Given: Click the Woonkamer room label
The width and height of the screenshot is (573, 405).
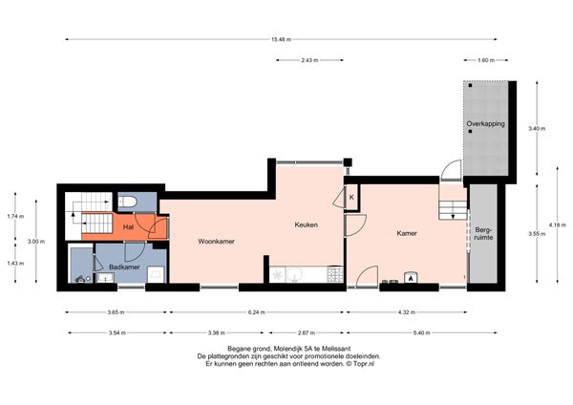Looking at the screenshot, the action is point(217,242).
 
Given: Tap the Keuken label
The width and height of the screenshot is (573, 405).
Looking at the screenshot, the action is point(307,224).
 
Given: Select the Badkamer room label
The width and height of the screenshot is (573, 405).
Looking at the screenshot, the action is point(124,267).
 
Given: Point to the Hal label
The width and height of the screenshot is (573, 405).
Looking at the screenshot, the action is point(128,227).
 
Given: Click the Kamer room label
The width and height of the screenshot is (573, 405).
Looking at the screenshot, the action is point(407,233).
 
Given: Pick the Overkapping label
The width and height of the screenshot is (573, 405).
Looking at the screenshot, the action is point(486,123).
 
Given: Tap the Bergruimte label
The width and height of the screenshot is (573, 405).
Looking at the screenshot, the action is point(483,234).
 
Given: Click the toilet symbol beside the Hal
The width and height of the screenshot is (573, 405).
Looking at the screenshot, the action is point(128,202).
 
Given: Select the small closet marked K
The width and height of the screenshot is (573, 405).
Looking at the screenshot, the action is point(351,198).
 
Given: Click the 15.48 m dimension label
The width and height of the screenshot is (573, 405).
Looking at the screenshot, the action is point(281,39).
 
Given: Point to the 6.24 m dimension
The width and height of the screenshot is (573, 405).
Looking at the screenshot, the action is point(257,312).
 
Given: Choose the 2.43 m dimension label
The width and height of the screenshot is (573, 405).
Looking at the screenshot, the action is point(309,60).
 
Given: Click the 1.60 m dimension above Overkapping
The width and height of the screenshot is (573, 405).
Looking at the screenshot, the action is point(486,60).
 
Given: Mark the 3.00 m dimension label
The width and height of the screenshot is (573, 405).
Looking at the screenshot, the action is point(36,242).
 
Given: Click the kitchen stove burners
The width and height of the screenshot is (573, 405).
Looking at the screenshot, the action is point(335,274).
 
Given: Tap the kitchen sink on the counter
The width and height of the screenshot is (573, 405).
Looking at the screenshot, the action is point(294,274).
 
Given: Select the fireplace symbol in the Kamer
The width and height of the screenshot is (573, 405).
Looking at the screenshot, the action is point(411,277).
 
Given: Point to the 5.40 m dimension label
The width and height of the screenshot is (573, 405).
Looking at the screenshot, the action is point(421,333).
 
